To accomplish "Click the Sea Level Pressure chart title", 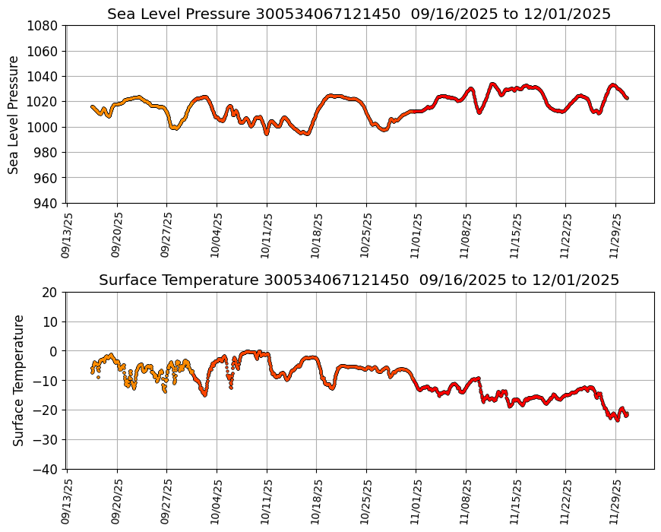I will coord(359,14).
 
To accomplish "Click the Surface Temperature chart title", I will coord(359,280).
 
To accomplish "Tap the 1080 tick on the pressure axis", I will coord(44,26).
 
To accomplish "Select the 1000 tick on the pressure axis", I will coord(44,127).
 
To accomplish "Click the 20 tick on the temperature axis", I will coord(50,292).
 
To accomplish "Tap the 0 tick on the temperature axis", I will coord(54,351).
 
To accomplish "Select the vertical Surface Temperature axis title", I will coord(19,380).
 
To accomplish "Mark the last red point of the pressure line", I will coord(627,98).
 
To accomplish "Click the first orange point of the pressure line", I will coord(92,106).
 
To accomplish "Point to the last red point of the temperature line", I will coord(627,414).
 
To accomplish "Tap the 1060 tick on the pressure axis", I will coord(44,51).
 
